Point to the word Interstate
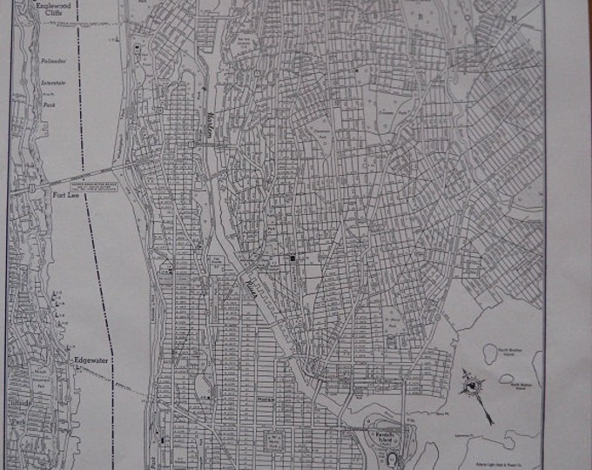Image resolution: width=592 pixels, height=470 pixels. click(x=55, y=84)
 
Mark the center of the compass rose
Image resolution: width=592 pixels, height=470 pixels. click(x=472, y=383)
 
